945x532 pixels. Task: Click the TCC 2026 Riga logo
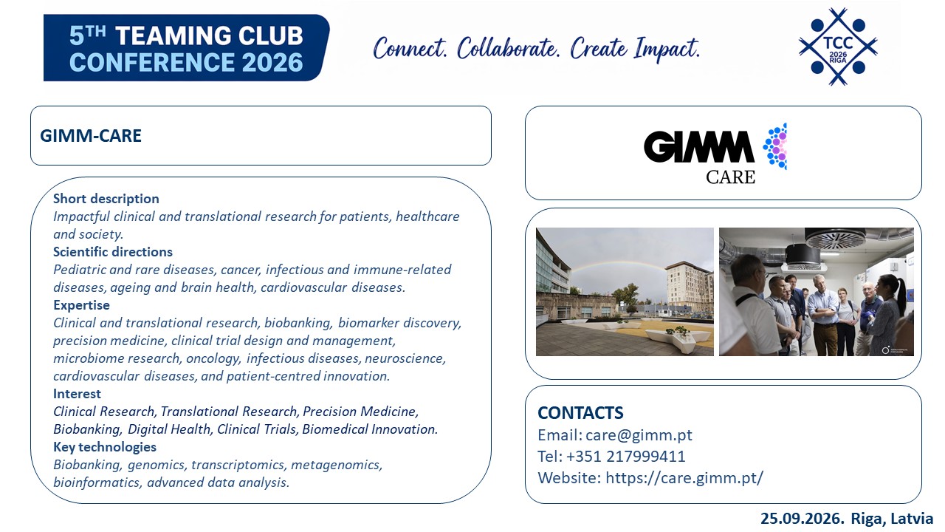tap(838, 47)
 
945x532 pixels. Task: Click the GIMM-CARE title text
tap(91, 136)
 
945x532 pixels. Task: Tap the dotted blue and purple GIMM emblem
tap(775, 146)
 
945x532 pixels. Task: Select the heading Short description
tap(106, 199)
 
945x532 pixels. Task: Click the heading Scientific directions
tap(113, 252)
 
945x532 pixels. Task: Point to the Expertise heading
tap(81, 305)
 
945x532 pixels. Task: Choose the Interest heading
tap(77, 394)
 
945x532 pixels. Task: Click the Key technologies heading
tap(105, 447)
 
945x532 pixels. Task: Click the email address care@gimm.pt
tap(639, 435)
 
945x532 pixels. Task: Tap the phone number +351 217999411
tap(625, 457)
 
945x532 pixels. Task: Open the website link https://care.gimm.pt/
tap(684, 478)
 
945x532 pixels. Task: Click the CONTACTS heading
tap(580, 412)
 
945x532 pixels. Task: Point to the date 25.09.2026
tap(803, 519)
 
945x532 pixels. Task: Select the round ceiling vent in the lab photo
tap(835, 239)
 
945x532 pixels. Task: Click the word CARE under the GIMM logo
tap(730, 177)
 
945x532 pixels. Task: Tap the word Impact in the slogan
tap(667, 49)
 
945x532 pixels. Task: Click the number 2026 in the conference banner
tap(272, 63)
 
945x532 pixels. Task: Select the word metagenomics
tap(336, 465)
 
